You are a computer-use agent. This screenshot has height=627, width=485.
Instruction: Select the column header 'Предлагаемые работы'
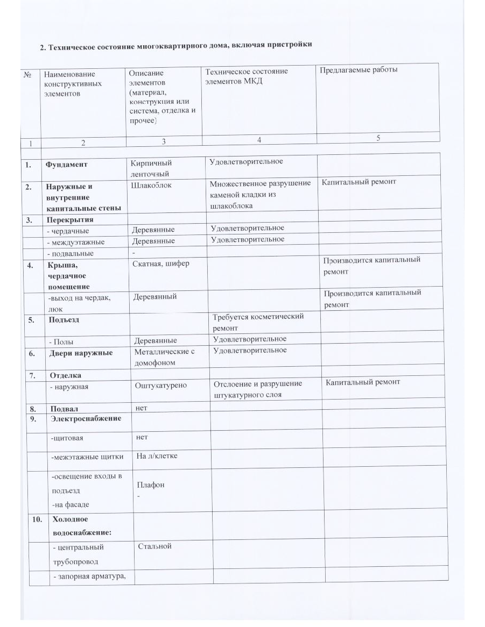359,70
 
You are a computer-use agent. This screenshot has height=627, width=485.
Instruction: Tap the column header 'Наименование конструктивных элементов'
71,84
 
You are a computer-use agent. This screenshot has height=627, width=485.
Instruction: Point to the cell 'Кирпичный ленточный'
152,168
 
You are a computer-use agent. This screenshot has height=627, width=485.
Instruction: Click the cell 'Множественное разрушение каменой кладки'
260,194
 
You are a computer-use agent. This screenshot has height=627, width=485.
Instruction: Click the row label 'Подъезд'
65,319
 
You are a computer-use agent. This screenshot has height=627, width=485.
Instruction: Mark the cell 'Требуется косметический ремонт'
258,322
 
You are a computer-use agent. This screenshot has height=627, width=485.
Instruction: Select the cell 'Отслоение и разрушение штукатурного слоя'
258,389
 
